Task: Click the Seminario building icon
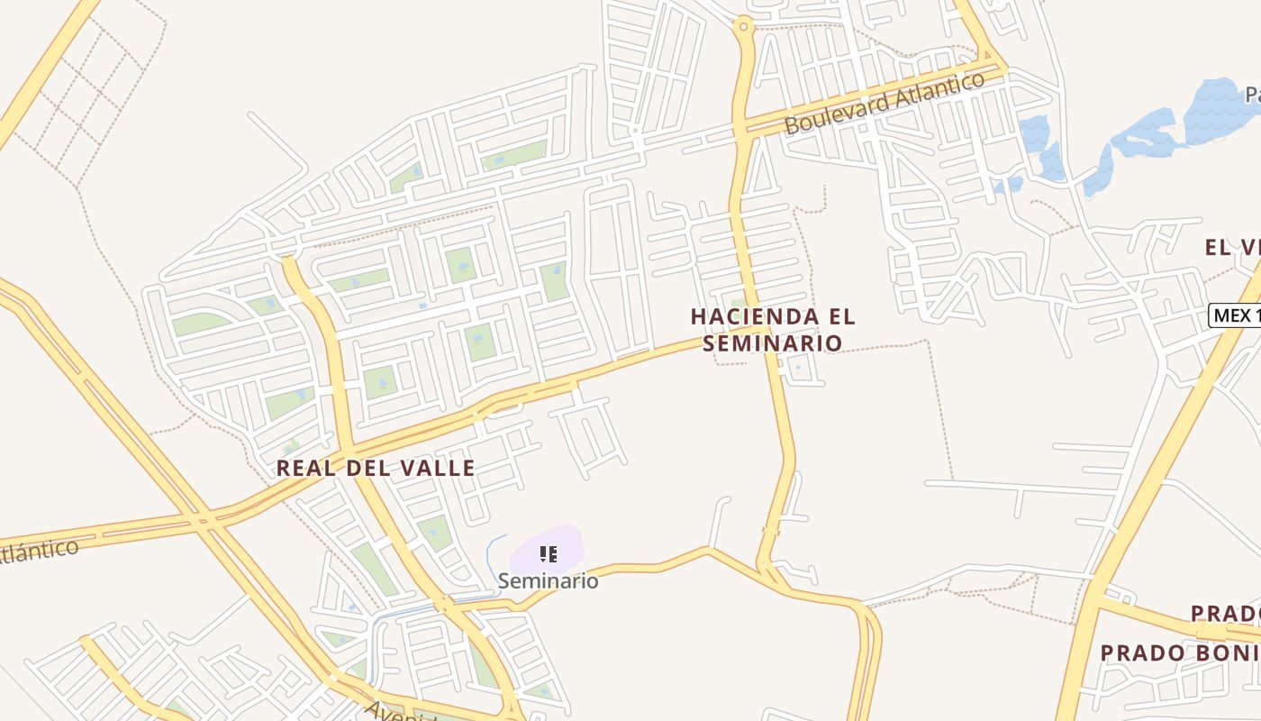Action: [x=548, y=553]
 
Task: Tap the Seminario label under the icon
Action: [x=548, y=580]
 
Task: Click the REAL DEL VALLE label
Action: [x=375, y=468]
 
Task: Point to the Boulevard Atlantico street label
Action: [x=885, y=105]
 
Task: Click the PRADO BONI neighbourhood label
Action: [x=1180, y=653]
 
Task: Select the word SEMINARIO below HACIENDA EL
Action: [x=773, y=342]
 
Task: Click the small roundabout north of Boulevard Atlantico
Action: [x=743, y=26]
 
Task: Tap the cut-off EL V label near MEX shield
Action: [x=1232, y=247]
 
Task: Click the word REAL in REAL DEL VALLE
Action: [x=305, y=468]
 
